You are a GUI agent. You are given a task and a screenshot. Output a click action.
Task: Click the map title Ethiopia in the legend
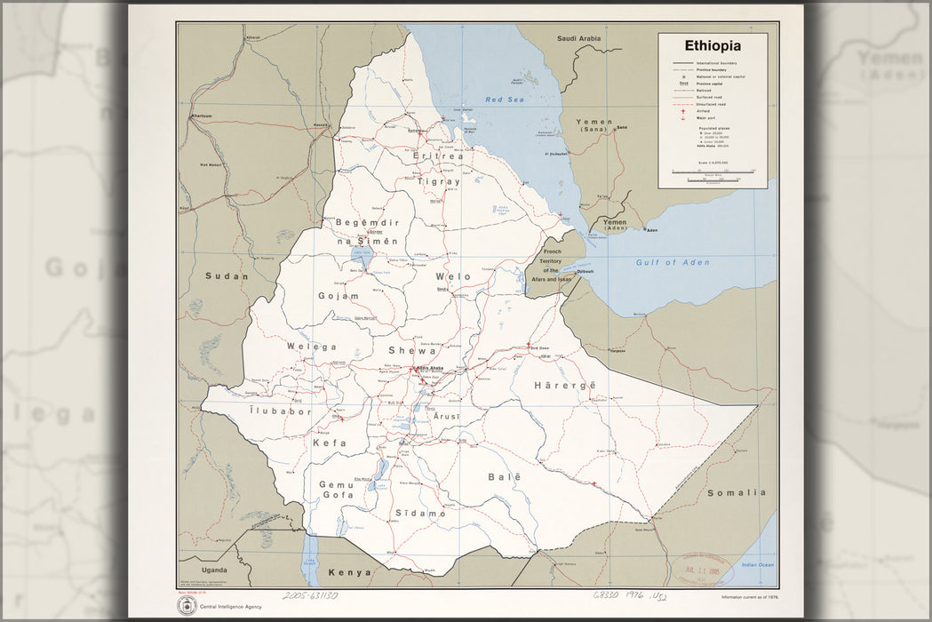[712, 45]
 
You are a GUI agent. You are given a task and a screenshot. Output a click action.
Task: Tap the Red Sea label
[504, 100]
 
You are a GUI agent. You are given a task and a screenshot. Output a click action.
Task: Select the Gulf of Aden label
[666, 262]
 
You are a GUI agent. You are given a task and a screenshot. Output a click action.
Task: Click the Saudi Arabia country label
[578, 38]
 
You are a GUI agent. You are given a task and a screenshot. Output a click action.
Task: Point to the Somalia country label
[736, 492]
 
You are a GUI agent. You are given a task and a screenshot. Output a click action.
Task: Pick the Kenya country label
[349, 573]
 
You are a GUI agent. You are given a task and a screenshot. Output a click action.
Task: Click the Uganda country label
[213, 569]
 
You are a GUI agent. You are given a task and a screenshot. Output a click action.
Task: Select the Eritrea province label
[438, 156]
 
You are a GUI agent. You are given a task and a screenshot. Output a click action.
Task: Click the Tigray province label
[439, 181]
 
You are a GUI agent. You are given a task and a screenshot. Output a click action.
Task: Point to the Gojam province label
[339, 296]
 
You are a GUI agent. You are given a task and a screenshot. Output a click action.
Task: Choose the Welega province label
[311, 347]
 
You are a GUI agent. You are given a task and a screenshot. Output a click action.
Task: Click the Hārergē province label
[564, 385]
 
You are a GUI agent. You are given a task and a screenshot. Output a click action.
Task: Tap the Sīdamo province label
[419, 514]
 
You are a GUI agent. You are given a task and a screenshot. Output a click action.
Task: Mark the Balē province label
[504, 477]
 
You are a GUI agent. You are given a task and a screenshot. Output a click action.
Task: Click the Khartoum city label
[202, 116]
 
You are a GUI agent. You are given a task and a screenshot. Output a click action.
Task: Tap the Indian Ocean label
[757, 565]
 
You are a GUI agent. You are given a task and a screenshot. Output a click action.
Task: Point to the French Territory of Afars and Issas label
[552, 265]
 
